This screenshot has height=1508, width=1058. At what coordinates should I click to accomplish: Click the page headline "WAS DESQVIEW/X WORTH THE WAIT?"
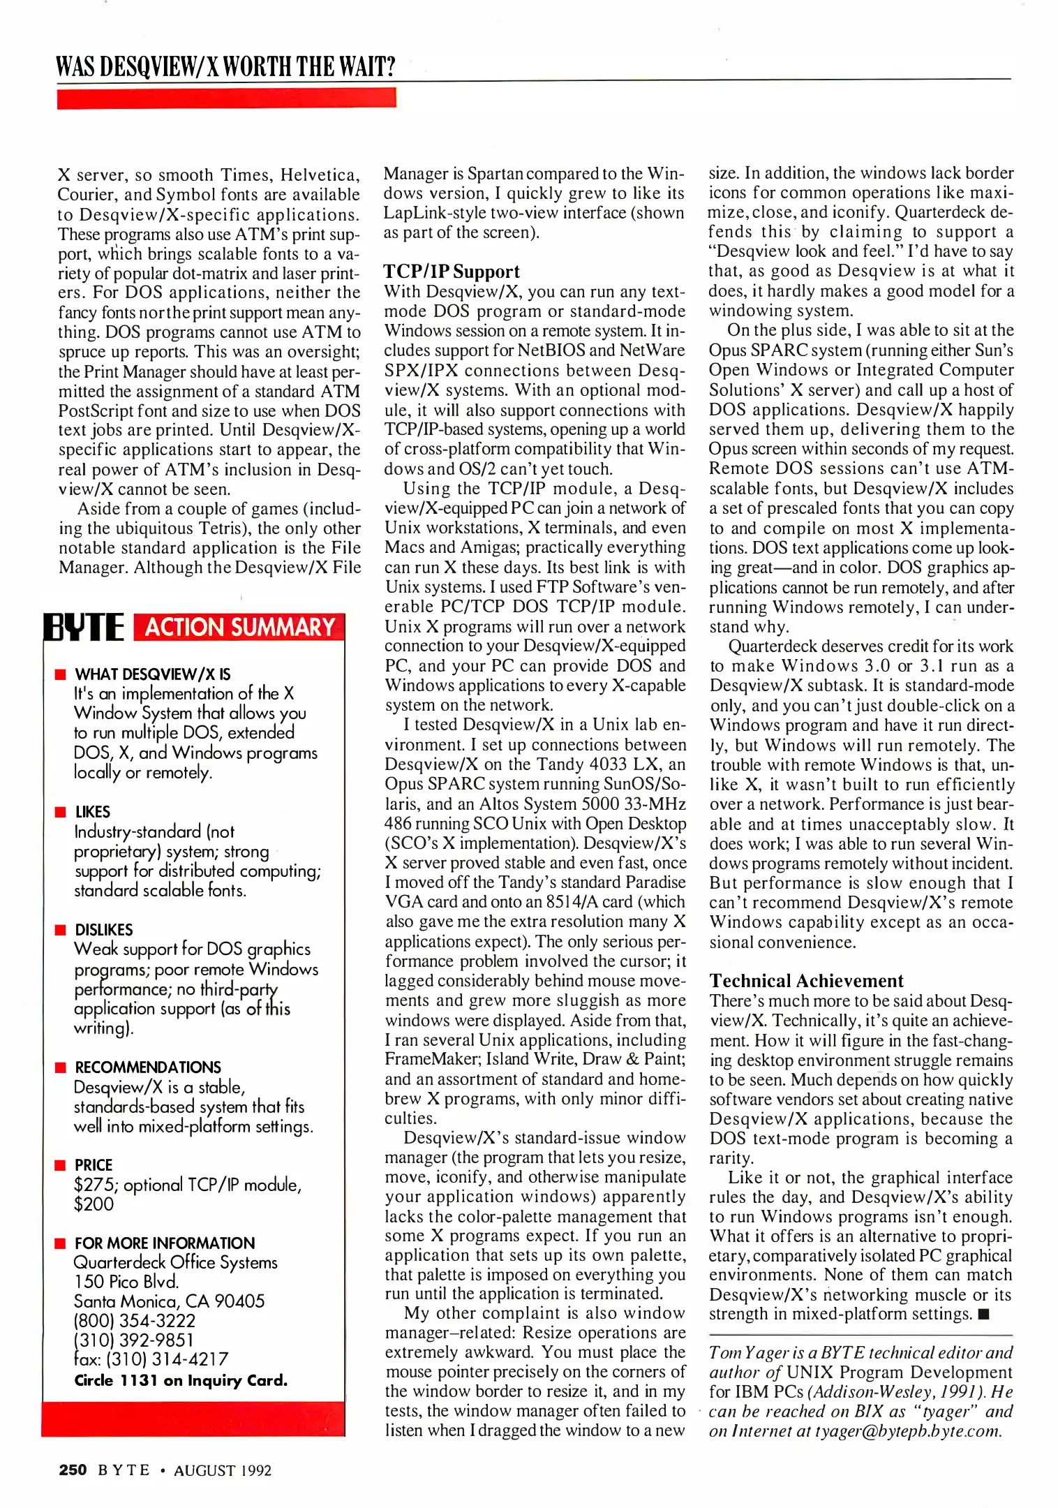point(225,66)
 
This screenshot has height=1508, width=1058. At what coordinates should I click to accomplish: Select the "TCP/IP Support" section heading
point(452,272)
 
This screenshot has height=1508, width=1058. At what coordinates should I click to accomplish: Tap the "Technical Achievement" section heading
point(806,981)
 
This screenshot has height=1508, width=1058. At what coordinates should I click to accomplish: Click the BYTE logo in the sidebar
point(84,627)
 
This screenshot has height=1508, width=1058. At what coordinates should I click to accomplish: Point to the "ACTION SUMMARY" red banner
point(239,627)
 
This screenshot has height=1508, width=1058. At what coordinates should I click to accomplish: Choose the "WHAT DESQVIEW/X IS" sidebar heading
point(152,674)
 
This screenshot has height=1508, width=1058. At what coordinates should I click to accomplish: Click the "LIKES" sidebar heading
point(93,811)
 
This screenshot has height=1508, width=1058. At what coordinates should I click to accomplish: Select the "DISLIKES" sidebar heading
point(104,929)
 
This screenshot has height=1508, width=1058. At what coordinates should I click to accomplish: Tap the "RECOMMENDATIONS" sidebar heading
point(148,1067)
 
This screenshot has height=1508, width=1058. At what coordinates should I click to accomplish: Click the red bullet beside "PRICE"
point(61,1165)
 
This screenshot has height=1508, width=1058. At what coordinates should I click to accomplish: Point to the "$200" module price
point(94,1204)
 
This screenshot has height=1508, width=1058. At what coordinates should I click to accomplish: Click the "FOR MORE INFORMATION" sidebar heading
point(165,1243)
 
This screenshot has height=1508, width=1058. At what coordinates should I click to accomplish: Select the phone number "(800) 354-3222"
point(135,1320)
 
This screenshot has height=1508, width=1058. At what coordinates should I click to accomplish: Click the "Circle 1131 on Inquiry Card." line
point(181,1380)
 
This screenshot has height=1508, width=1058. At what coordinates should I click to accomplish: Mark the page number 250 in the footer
point(73,1470)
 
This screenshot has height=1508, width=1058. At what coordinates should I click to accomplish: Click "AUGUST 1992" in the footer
point(223,1470)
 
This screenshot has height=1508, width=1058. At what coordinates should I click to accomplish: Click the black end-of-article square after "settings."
point(984,1315)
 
